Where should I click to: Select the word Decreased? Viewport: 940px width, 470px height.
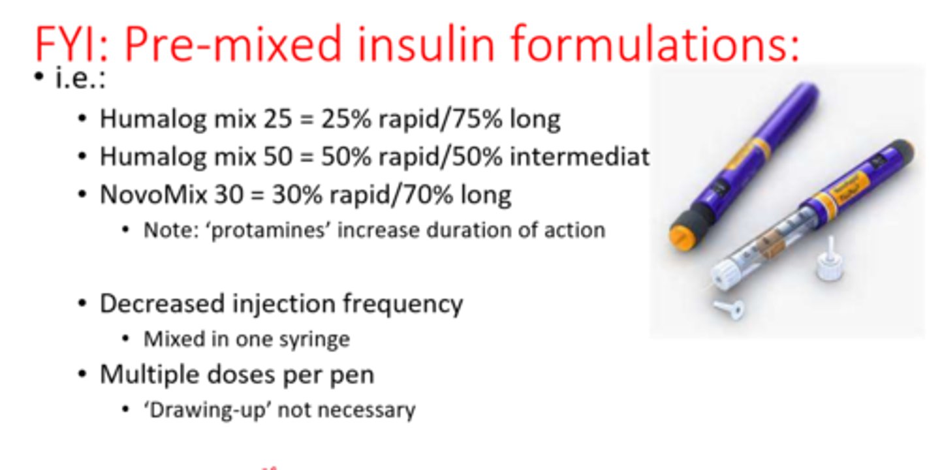click(161, 304)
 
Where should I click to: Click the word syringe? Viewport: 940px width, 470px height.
click(319, 339)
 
